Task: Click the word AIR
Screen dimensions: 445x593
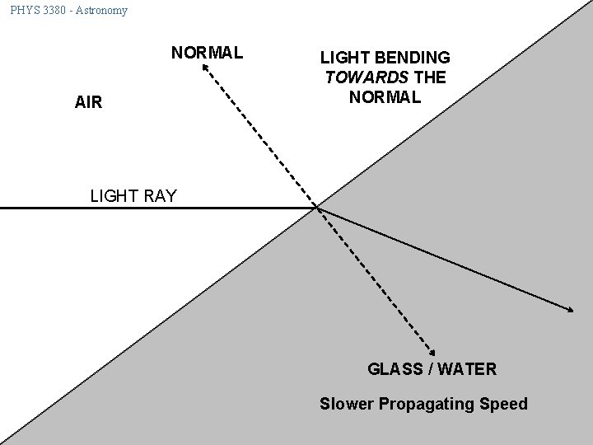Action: click(x=88, y=102)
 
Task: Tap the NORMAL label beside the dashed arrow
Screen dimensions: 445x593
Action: click(x=207, y=54)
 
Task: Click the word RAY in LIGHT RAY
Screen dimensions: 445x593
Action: click(x=159, y=196)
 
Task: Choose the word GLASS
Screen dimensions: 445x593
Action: click(x=394, y=369)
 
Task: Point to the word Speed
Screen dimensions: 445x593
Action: click(x=502, y=405)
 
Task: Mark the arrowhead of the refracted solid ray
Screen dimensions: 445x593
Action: click(x=571, y=309)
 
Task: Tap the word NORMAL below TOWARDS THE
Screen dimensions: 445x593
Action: click(x=385, y=96)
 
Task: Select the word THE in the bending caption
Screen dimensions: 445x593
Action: click(x=431, y=77)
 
